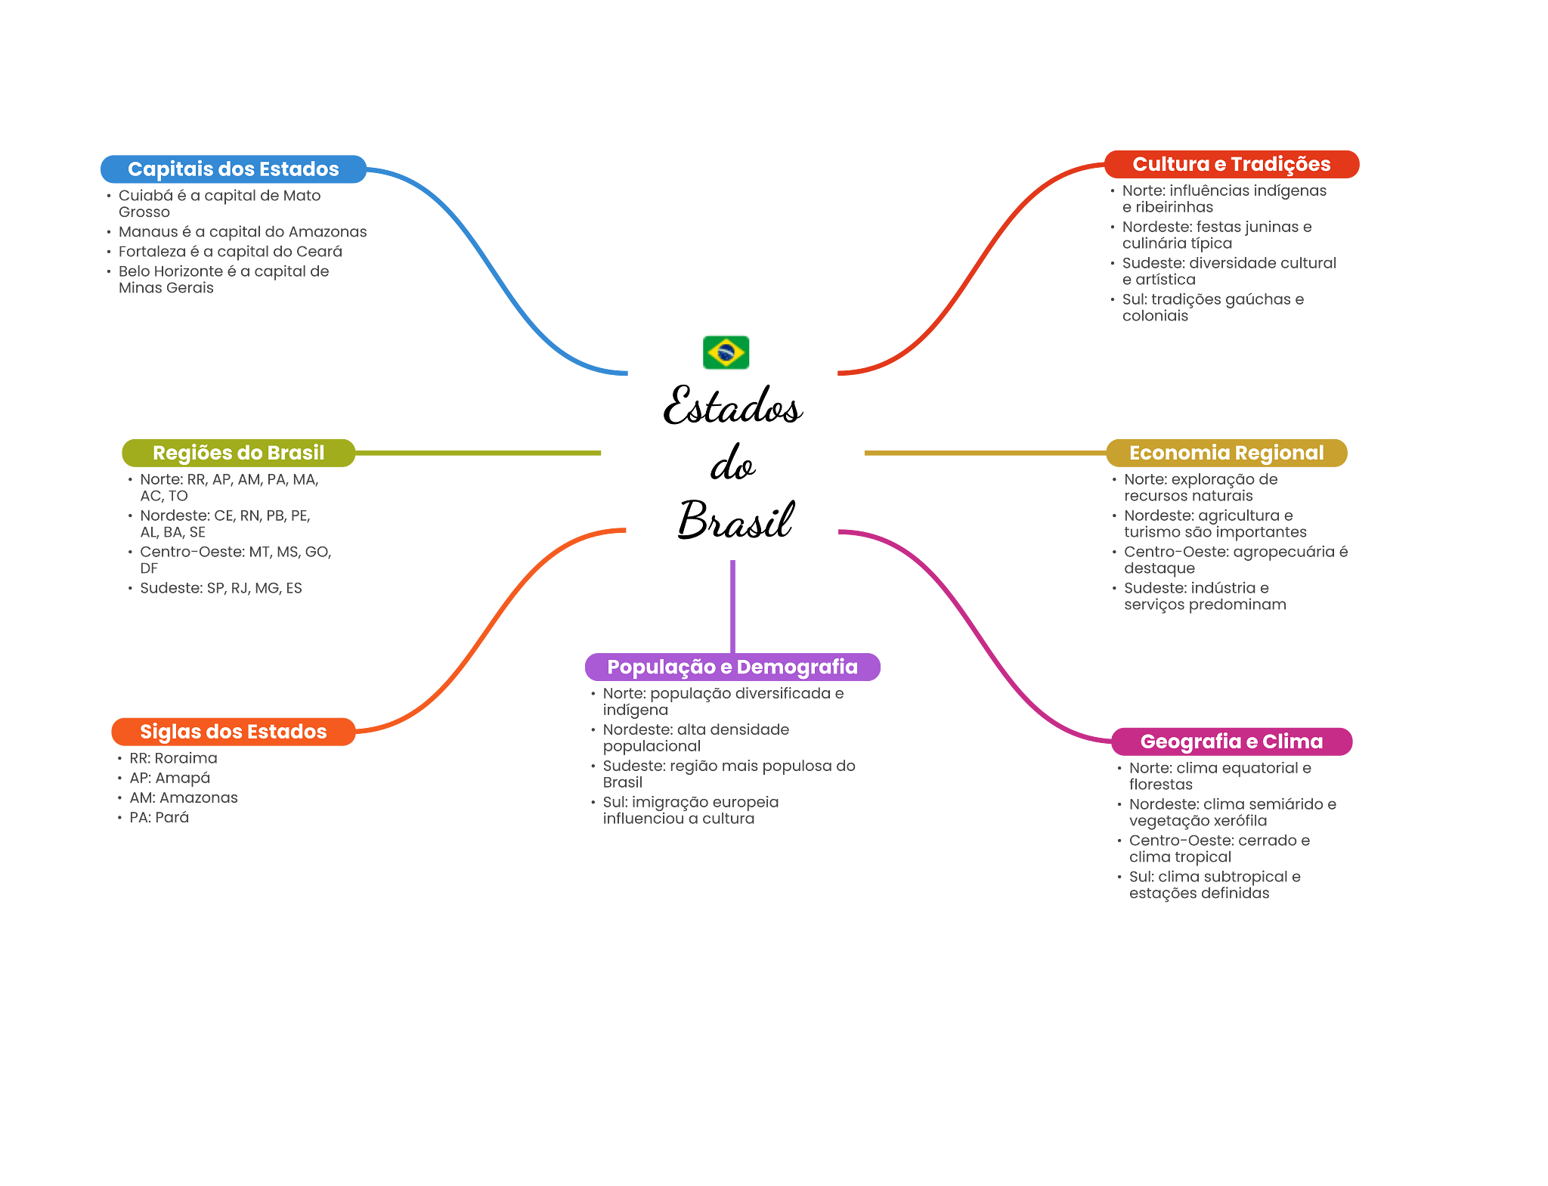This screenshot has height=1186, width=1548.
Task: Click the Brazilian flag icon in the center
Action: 726,352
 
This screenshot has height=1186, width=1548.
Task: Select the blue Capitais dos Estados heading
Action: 233,169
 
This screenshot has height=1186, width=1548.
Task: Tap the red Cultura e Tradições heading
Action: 1231,164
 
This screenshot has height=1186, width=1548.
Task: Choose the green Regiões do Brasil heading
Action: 238,453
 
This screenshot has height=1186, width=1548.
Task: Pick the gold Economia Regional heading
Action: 1226,453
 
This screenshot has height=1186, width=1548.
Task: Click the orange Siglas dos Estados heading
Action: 233,732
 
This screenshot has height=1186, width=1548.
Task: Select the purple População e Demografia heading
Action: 732,667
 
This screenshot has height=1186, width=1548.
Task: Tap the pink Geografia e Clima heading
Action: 1231,742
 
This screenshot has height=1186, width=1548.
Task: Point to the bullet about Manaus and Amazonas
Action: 242,232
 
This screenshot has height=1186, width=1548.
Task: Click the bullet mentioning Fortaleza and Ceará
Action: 230,252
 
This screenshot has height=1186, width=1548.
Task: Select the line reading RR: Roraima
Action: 173,758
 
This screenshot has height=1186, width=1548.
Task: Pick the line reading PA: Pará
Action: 159,817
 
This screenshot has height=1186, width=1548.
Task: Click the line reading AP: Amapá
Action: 169,778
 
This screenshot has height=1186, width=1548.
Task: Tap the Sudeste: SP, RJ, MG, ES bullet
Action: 221,588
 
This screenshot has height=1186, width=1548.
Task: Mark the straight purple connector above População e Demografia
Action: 732,605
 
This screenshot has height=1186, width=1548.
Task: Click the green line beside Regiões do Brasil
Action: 478,454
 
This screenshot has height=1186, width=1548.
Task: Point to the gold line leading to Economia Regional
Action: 983,454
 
